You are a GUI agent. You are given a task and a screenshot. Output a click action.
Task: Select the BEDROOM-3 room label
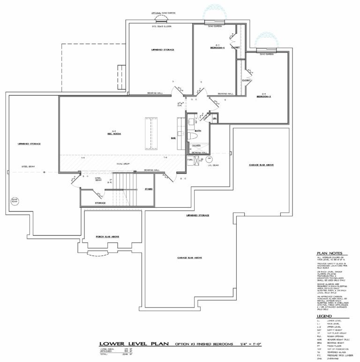pyautogui.click(x=263, y=97)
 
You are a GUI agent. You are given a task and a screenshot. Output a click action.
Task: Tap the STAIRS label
pyautogui.click(x=148, y=189)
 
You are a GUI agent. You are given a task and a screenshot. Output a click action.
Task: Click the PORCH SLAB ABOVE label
pyautogui.click(x=108, y=237)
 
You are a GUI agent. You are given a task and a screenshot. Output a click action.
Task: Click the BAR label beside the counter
pyautogui.click(x=173, y=138)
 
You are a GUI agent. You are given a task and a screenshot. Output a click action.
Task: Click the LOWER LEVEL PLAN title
pyautogui.click(x=122, y=344)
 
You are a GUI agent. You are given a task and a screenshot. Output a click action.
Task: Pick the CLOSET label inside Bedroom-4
pyautogui.click(x=235, y=47)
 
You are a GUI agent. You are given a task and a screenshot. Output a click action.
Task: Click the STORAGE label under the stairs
pyautogui.click(x=100, y=203)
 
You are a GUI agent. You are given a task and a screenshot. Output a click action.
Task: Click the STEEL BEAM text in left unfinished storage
pyautogui.click(x=28, y=166)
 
